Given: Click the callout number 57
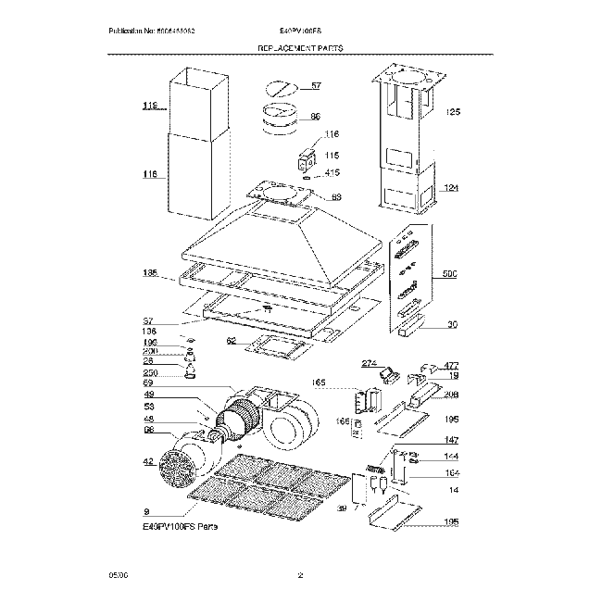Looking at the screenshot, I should coord(316,86).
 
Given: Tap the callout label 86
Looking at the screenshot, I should coord(315,117).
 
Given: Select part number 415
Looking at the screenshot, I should coord(332,172).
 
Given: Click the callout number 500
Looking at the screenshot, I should coord(451,275).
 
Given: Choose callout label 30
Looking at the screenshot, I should coord(452,324).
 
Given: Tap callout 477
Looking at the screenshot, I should coord(451,366).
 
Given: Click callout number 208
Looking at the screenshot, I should coord(451,395).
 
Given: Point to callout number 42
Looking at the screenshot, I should coord(147,460).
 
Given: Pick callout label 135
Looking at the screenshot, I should coord(148,274).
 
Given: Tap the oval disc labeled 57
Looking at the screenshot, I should coord(281,89).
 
